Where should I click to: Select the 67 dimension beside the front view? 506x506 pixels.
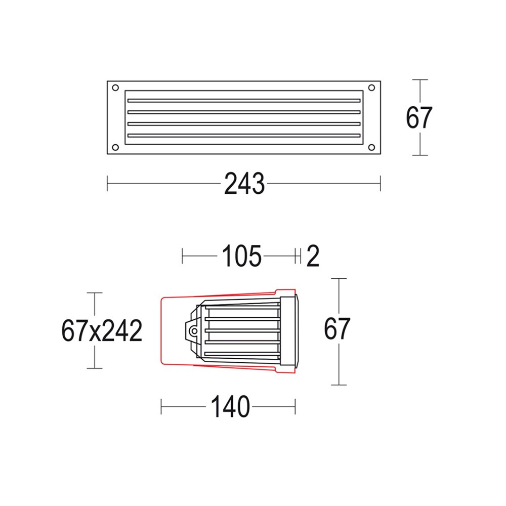tap(419, 118)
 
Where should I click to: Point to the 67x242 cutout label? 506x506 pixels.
tap(101, 331)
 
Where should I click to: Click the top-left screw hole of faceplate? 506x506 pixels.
tap(115, 87)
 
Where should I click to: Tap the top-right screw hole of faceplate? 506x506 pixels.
tap(372, 87)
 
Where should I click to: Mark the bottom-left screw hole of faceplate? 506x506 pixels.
tap(115, 147)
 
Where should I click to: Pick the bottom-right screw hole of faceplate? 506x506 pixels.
tap(372, 147)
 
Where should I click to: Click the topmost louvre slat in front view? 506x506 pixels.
tap(243, 100)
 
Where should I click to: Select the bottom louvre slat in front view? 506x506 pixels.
tap(243, 135)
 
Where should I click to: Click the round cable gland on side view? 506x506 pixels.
tap(193, 331)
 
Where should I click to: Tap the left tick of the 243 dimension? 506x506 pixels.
tap(108, 183)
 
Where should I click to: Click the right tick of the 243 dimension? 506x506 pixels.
tap(380, 183)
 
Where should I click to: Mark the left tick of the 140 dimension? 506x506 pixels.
tap(161, 406)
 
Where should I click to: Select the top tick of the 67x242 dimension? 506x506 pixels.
tap(95, 293)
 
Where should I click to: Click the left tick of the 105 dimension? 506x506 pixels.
tap(183, 257)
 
